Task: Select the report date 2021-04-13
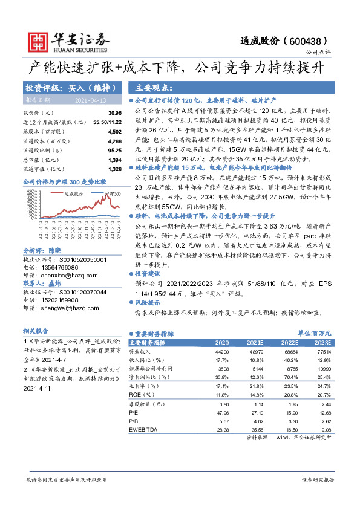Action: click(90, 100)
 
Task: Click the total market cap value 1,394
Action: click(114, 158)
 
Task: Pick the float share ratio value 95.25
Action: click(114, 149)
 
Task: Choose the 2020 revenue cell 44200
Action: click(222, 351)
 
